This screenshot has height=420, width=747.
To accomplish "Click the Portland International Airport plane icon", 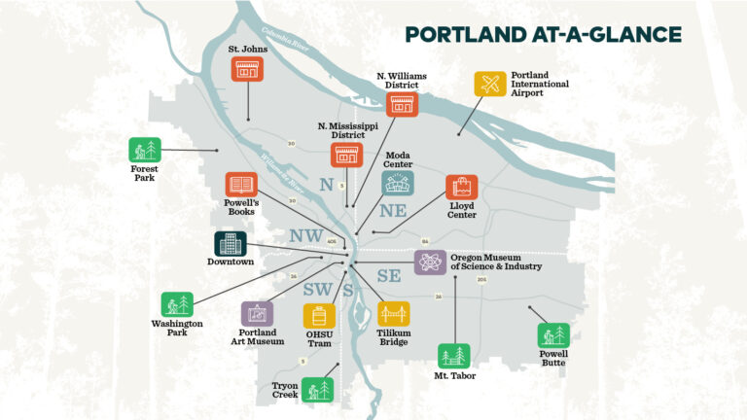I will coord(491,84).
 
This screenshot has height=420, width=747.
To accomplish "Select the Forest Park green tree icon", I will coord(145,150).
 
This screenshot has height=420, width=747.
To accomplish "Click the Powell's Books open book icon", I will coord(241,185).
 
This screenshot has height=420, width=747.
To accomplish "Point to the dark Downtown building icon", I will coord(231,244).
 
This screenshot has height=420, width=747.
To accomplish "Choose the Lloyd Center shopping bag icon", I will coord(462,188).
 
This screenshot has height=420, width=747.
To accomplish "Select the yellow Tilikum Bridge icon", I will coord(394,314).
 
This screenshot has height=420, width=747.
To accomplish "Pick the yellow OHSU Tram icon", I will coord(319,316).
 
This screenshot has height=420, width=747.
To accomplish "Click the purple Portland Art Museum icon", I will coord(257,313).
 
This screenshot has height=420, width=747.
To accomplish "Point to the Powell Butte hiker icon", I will coord(553,335).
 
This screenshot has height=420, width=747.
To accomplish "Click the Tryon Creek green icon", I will coord(317,390).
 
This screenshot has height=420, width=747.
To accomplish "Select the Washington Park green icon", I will coord(177,305).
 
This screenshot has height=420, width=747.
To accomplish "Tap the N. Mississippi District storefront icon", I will coord(346,155).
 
